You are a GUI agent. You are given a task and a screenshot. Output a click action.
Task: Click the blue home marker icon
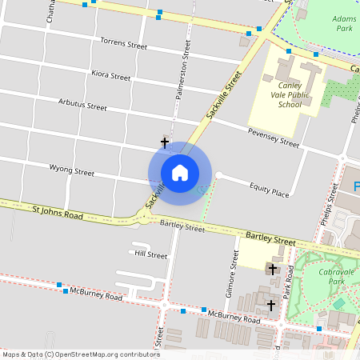pos(180,172)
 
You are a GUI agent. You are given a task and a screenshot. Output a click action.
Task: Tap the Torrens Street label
pos(124,42)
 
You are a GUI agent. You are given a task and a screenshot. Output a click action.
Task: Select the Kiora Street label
pos(110,76)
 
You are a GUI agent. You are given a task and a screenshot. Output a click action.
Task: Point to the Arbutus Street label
pos(82,104)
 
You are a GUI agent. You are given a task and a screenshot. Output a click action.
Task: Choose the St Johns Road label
pos(58,214)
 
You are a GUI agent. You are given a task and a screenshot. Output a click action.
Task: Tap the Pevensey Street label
pos(273,138)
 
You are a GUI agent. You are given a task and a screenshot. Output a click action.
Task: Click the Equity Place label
pos(269,193)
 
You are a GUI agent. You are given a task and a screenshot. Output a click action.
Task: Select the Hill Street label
pos(150,254)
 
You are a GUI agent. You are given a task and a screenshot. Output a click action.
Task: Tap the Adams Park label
pos(344,22)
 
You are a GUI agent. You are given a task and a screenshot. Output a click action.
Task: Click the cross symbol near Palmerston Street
pos(165,142)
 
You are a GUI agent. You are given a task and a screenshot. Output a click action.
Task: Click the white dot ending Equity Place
pos(218,175)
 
